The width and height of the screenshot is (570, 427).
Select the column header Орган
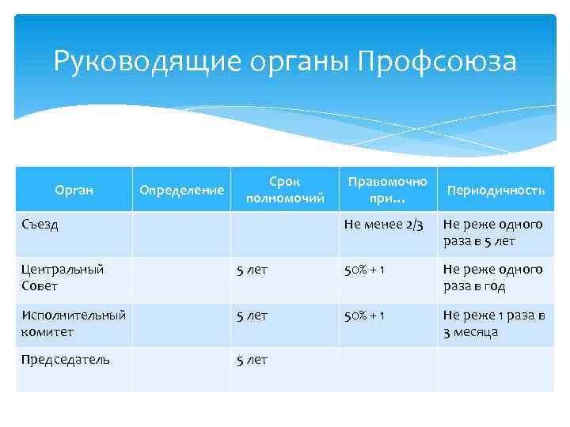74,190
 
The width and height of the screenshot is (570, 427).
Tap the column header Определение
181,190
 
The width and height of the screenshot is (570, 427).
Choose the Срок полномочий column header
285,190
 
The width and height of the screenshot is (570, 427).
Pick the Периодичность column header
496,191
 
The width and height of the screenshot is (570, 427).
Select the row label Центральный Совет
62,278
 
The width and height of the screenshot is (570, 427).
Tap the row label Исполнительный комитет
73,323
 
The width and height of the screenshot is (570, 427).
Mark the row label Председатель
66,360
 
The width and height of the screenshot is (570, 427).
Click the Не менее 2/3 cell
383,225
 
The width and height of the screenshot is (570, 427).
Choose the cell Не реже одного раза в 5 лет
492,232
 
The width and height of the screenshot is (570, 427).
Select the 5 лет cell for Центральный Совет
253,270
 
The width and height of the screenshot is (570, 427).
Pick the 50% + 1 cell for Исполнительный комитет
364,316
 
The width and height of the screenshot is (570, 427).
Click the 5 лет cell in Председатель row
253,360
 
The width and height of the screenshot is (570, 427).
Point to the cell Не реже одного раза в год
492,278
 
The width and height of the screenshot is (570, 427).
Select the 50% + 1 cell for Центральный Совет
364,270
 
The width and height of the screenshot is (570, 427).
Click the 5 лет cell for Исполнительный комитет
253,316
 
